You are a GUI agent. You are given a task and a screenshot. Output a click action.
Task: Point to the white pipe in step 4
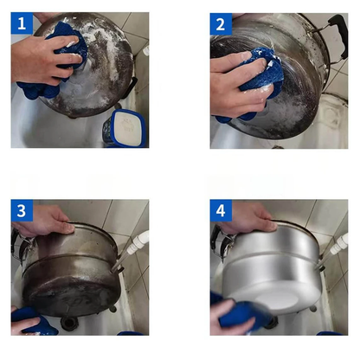[x=337, y=243]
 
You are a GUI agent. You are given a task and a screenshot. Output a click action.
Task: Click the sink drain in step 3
[x=69, y=322]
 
